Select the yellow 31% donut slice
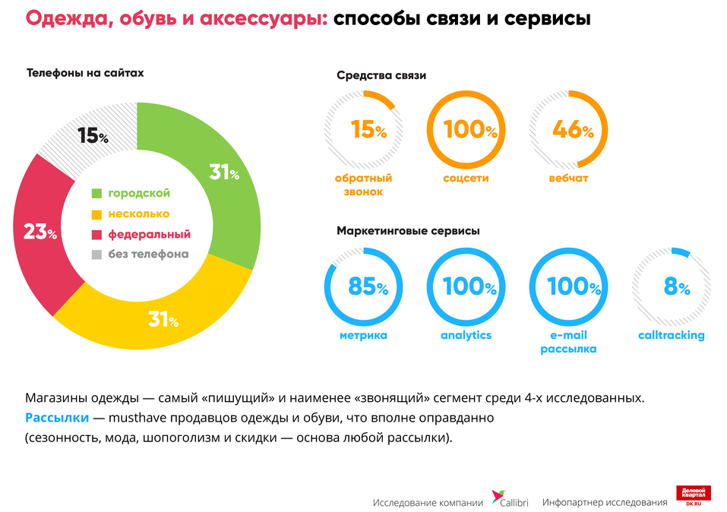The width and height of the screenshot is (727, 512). (x=163, y=319)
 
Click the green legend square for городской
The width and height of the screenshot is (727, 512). (x=96, y=194)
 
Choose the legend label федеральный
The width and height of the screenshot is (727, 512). (x=148, y=235)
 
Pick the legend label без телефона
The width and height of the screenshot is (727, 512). (x=147, y=254)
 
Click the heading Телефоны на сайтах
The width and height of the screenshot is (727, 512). (x=85, y=74)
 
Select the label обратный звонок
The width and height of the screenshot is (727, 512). (x=363, y=185)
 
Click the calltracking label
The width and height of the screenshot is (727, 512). (x=672, y=335)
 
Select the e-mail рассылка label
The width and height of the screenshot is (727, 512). (x=568, y=342)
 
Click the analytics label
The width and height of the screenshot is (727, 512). (x=466, y=335)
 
